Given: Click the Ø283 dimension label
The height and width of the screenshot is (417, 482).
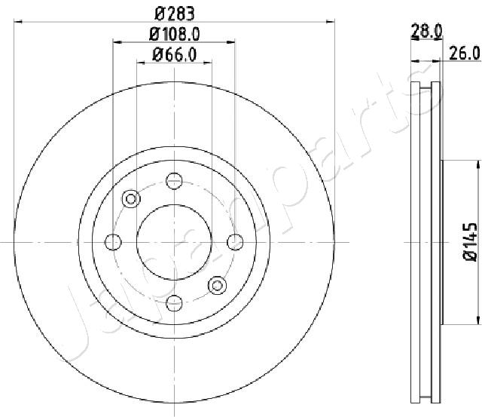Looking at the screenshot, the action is [175, 14].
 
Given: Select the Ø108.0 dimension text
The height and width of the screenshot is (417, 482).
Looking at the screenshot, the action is [174, 34].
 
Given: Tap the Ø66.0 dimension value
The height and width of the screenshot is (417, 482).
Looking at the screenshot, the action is [174, 55].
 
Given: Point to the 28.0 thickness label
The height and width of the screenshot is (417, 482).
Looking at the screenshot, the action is [427, 31].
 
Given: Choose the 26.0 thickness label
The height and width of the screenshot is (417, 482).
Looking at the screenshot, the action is [465, 54].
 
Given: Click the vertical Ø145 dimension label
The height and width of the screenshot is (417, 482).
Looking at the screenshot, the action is [470, 242].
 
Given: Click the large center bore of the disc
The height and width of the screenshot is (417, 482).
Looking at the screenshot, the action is [174, 242].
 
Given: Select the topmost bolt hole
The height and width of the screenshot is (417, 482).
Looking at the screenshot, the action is [174, 181].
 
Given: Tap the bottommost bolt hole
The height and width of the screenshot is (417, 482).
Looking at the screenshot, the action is [174, 303].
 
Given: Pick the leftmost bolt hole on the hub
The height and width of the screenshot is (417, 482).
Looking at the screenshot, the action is [113, 242].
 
